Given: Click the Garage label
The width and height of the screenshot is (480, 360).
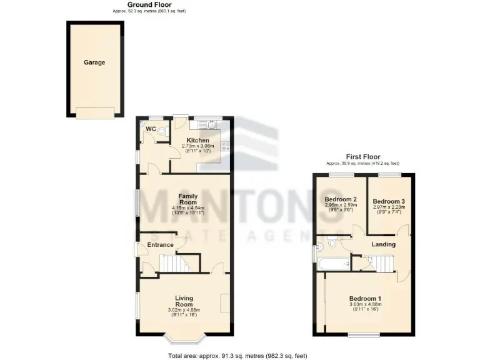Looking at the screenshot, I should (95, 62).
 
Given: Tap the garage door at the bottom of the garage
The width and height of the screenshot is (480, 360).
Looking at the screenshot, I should (95, 112).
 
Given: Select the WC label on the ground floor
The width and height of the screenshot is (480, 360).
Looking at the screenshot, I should (150, 129).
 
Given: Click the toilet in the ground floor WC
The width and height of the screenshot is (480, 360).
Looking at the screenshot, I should (161, 132).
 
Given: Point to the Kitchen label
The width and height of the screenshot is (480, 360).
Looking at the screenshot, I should (197, 140).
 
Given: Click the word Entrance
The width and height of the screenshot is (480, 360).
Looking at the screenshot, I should (160, 244).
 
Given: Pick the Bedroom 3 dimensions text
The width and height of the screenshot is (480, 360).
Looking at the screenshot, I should (389, 211).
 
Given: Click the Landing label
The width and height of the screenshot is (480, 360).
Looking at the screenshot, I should (383, 244).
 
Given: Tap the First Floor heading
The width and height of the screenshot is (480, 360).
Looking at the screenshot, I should (363, 157).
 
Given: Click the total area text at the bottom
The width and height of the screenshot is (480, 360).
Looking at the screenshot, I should (237, 356).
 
